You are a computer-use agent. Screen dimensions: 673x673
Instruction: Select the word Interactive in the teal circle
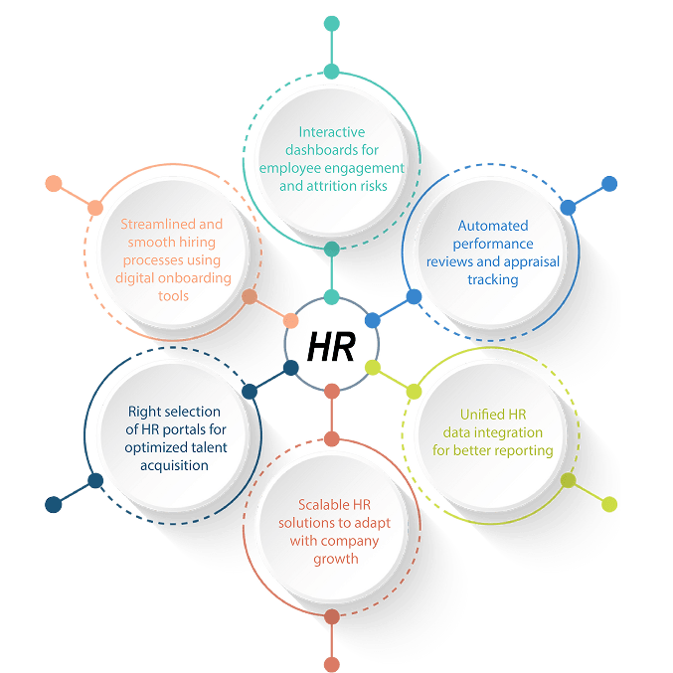(x=332, y=132)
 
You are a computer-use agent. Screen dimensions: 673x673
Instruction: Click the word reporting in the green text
(x=524, y=450)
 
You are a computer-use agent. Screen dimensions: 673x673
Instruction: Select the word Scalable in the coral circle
(x=311, y=505)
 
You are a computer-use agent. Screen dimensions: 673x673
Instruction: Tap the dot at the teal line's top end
(x=331, y=23)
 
